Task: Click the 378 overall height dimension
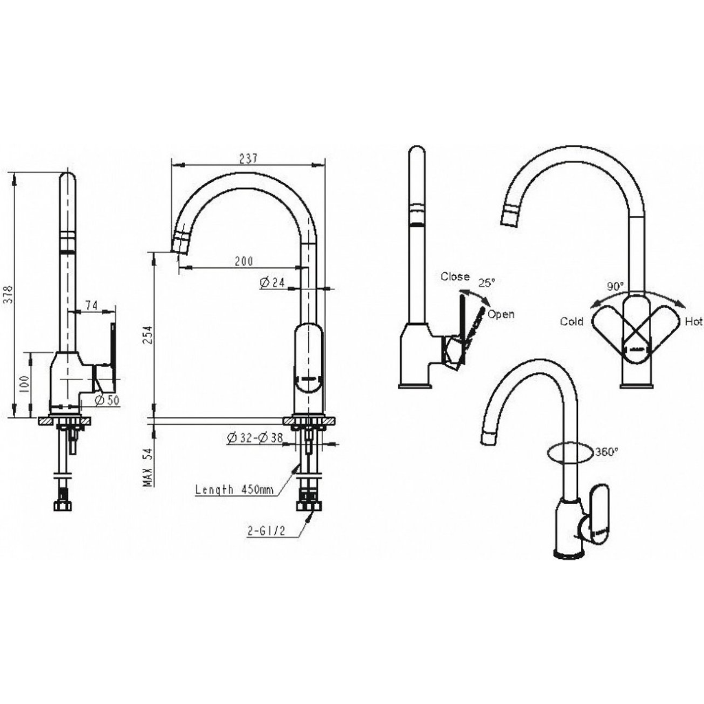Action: [x=9, y=294]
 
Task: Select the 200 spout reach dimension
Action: [x=244, y=261]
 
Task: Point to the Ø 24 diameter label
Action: [x=272, y=282]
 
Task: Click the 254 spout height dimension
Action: [x=148, y=335]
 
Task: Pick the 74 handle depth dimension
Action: [x=91, y=305]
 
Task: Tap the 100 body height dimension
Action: [x=25, y=384]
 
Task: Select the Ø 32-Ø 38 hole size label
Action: [x=254, y=437]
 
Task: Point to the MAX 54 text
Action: [x=148, y=467]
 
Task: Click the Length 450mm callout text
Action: [x=234, y=489]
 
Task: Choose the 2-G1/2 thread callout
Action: [x=266, y=531]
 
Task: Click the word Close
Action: [x=455, y=276]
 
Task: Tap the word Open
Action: [x=500, y=314]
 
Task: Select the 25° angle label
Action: [x=486, y=283]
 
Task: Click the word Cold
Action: [x=571, y=322]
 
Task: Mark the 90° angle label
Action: [x=615, y=286]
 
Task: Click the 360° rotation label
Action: [x=607, y=452]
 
